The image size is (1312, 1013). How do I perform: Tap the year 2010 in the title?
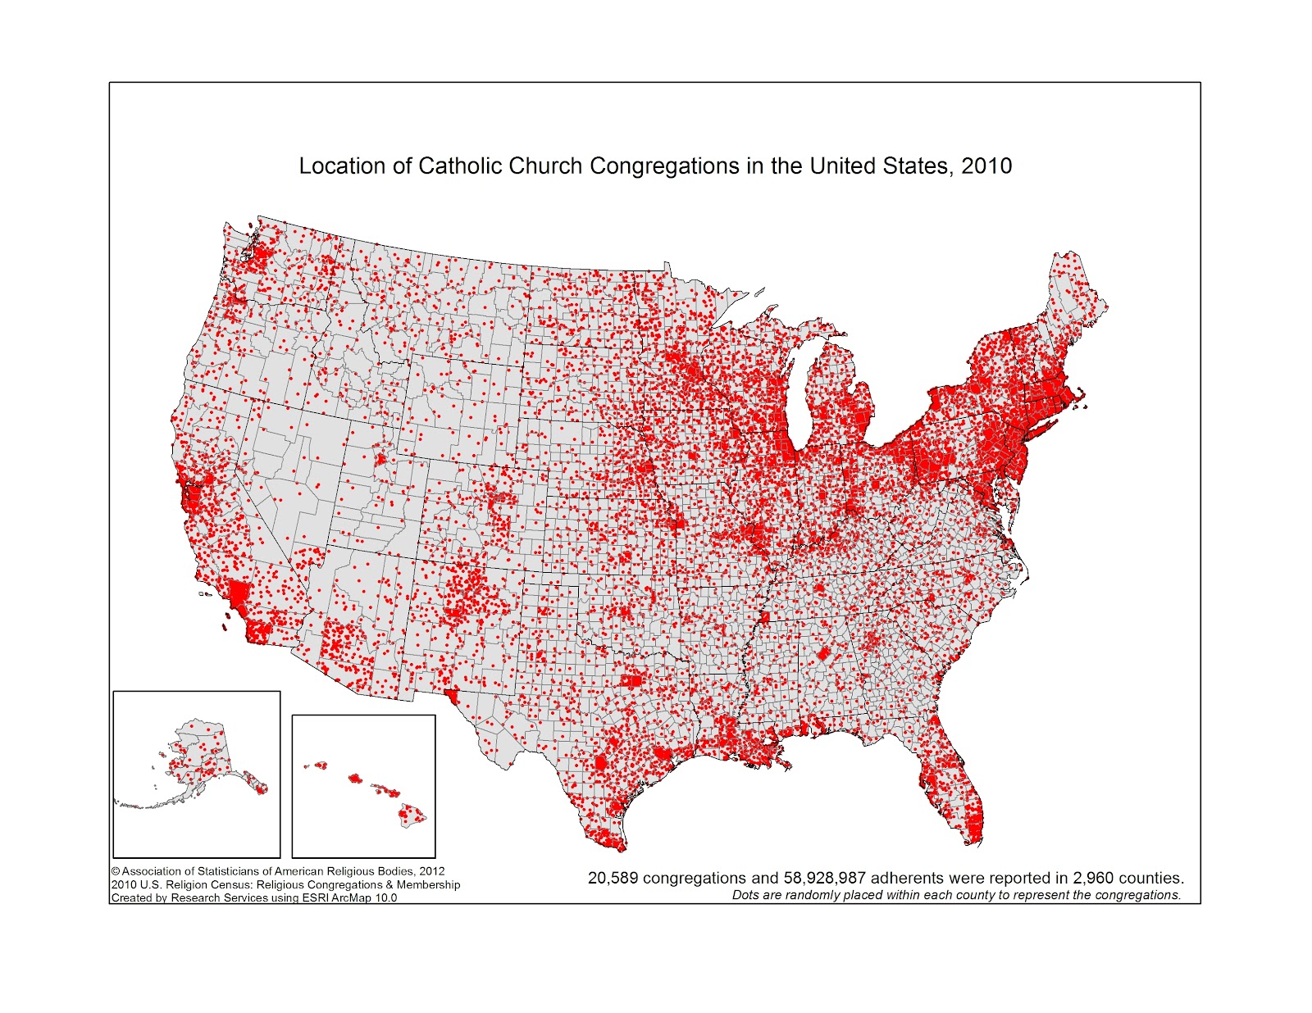pos(986,166)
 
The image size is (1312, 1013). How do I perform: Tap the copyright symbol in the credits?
pos(116,872)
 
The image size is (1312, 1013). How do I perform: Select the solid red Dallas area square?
pos(632,681)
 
